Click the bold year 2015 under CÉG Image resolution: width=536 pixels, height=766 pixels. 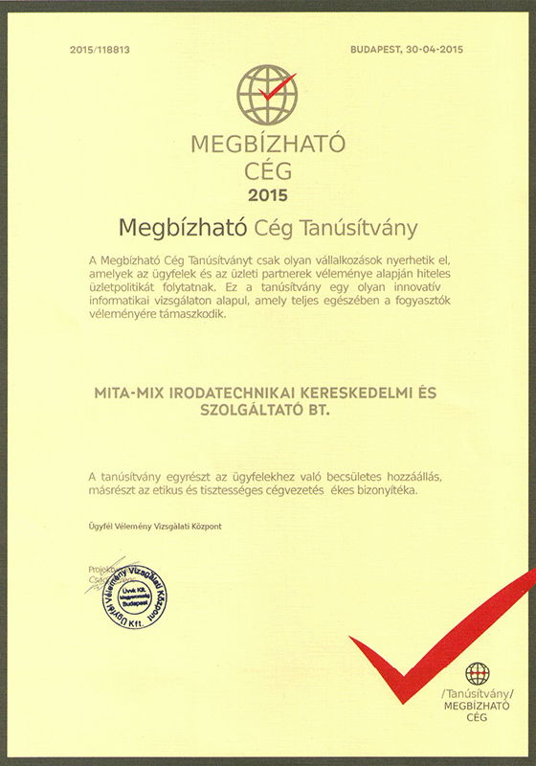pos(267,196)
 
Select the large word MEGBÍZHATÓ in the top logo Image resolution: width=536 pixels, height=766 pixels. pos(267,146)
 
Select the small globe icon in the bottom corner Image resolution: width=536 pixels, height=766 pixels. pos(476,673)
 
